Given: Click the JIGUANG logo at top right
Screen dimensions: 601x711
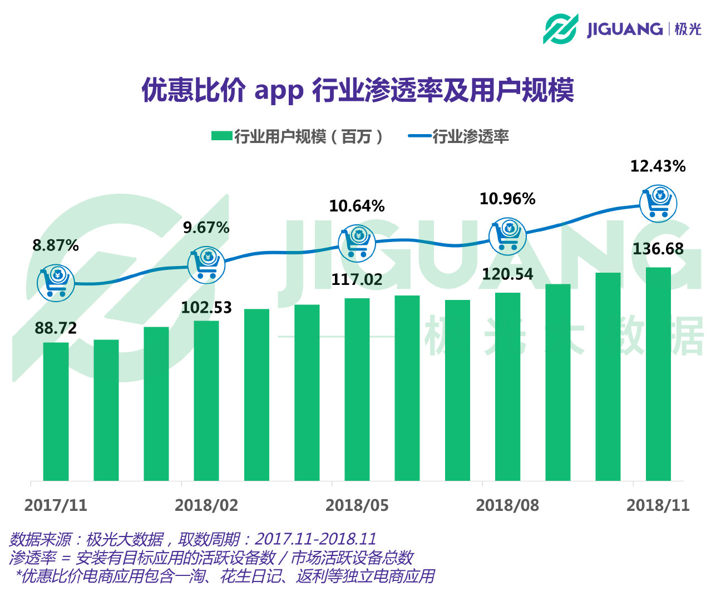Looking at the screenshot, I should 621,28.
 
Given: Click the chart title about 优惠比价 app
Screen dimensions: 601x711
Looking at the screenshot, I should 358,90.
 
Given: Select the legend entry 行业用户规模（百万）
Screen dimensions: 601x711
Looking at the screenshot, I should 297,136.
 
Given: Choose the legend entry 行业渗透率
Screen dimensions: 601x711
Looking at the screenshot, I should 458,136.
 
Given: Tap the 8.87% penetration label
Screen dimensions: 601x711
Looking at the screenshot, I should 56,245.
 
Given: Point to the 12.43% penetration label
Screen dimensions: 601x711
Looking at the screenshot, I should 658,166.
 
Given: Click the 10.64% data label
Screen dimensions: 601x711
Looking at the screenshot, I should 357,206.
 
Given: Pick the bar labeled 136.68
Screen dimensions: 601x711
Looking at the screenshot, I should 658,373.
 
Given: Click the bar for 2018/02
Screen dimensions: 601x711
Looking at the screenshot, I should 206,400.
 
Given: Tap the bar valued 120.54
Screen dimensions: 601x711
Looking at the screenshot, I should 507,386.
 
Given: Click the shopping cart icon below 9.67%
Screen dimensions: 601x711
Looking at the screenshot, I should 206,265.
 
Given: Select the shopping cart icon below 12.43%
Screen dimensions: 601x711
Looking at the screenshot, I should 658,203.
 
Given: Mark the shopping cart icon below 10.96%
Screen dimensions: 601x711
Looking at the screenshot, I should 507,236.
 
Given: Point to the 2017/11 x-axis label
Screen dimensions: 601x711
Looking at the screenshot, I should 56,505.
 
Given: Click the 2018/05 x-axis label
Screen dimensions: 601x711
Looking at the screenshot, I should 357,505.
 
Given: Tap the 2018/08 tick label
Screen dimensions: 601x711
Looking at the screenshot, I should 507,505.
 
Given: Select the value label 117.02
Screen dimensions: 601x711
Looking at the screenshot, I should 357,279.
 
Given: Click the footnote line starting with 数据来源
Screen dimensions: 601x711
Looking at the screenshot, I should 192,539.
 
